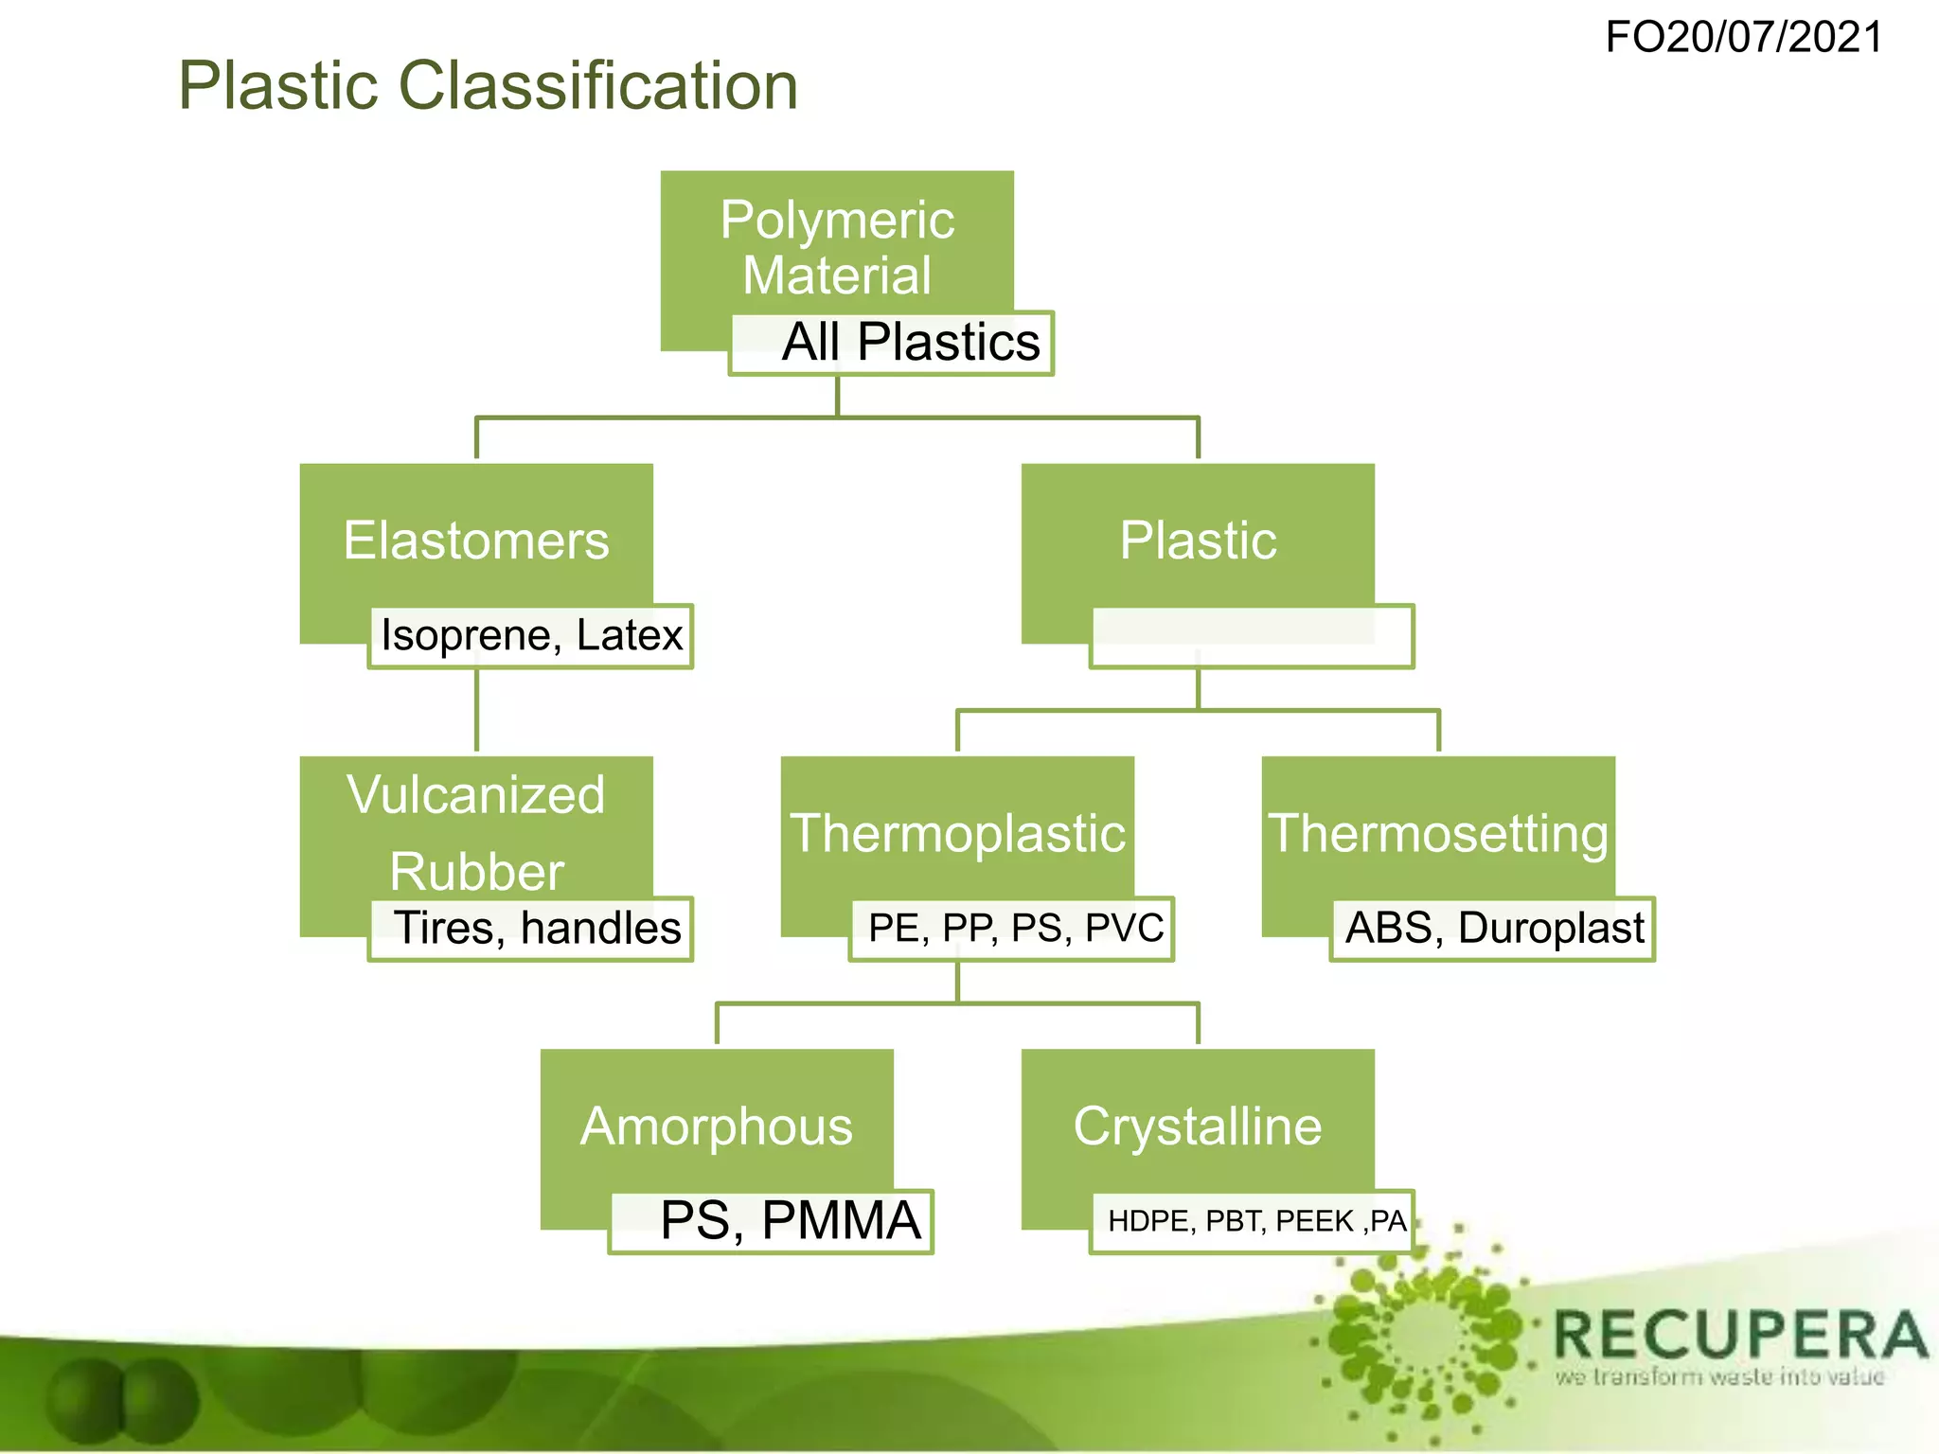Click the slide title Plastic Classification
pyautogui.click(x=488, y=85)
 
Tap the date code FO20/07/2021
pyautogui.click(x=1744, y=38)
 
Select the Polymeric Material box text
pyautogui.click(x=837, y=247)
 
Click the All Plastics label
pyautogui.click(x=910, y=342)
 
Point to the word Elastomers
pyautogui.click(x=476, y=541)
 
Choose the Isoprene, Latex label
pyautogui.click(x=531, y=634)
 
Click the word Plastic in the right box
pyautogui.click(x=1198, y=541)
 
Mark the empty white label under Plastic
pyautogui.click(x=1252, y=636)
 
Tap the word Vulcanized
pyautogui.click(x=476, y=794)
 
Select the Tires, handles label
pyautogui.click(x=536, y=928)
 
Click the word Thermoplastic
pyautogui.click(x=957, y=833)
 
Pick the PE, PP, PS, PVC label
pyautogui.click(x=1015, y=928)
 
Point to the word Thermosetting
pyautogui.click(x=1438, y=833)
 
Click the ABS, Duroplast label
pyautogui.click(x=1494, y=928)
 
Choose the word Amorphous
pyautogui.click(x=717, y=1126)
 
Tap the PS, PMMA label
pyautogui.click(x=789, y=1220)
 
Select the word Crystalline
pyautogui.click(x=1198, y=1126)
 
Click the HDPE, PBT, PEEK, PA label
pyautogui.click(x=1256, y=1221)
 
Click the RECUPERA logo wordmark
pyautogui.click(x=1739, y=1335)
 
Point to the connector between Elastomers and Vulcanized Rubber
pyautogui.click(x=476, y=710)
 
